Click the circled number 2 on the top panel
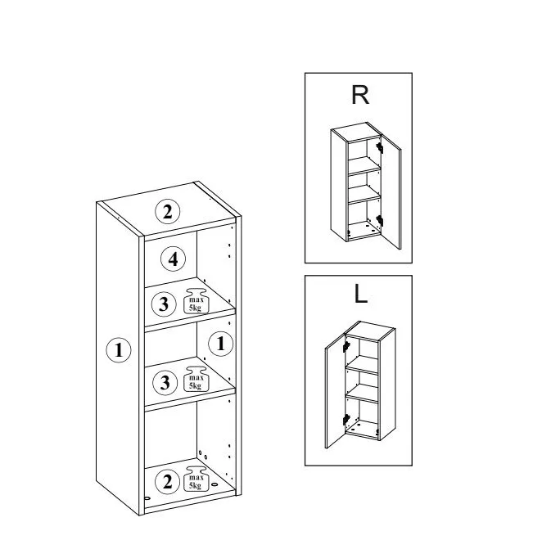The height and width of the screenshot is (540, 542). [x=168, y=212]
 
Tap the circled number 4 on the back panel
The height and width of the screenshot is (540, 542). [x=174, y=259]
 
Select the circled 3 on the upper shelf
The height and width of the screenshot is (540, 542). [x=165, y=304]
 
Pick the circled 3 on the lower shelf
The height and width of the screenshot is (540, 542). [x=165, y=382]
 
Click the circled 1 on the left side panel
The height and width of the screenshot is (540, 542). [x=119, y=350]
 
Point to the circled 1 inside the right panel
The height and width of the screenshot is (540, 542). [x=220, y=344]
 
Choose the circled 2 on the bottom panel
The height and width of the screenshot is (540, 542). [x=168, y=482]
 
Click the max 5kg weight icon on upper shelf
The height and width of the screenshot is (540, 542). [x=196, y=301]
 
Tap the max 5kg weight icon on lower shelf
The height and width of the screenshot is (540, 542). [x=196, y=379]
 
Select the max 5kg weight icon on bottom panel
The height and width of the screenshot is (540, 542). [x=196, y=479]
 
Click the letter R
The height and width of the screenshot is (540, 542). [x=360, y=95]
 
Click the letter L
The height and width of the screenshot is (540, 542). [x=360, y=295]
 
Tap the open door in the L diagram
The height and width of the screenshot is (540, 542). [x=336, y=391]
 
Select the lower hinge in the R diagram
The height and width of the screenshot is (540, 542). [x=380, y=221]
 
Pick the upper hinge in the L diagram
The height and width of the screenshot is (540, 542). [x=346, y=347]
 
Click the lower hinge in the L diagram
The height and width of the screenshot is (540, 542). [x=346, y=420]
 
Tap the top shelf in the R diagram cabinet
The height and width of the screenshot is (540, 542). [x=364, y=165]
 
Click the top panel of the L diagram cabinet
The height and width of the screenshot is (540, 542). [x=370, y=329]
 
